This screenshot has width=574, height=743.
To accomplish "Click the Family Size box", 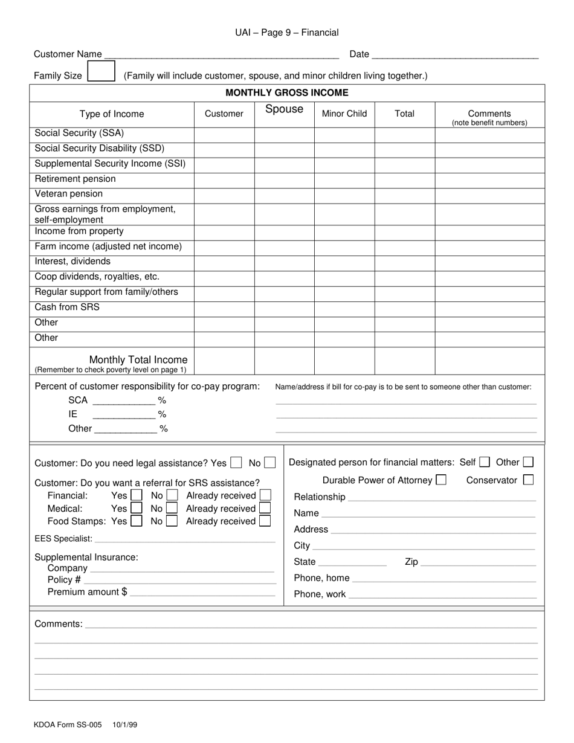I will point(101,72).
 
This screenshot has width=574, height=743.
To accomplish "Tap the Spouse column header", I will point(284,109).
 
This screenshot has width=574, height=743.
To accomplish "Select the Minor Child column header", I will point(344,114).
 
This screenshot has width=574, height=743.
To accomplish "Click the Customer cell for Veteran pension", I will point(224,195).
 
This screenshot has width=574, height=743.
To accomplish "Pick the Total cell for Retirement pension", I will point(405,179).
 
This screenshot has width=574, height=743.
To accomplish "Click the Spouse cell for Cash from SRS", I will point(284,307).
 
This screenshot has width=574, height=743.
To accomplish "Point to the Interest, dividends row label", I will point(73,262).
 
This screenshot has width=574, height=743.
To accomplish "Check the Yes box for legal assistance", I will point(236,463).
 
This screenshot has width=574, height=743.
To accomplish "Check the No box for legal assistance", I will point(269,463).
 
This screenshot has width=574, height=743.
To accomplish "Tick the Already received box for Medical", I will point(265,509).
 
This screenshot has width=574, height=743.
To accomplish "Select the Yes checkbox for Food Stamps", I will point(137,521).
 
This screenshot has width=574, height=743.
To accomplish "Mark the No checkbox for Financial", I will point(172,496).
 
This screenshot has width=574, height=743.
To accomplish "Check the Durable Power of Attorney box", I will point(441,480).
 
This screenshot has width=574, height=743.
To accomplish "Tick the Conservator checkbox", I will point(528,480).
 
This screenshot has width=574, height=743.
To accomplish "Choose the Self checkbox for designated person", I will point(484,462).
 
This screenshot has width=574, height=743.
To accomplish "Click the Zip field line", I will point(478,562).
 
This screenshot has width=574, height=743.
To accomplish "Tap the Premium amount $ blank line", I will point(202,593).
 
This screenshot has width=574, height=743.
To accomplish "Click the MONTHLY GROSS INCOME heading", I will point(287,92).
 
